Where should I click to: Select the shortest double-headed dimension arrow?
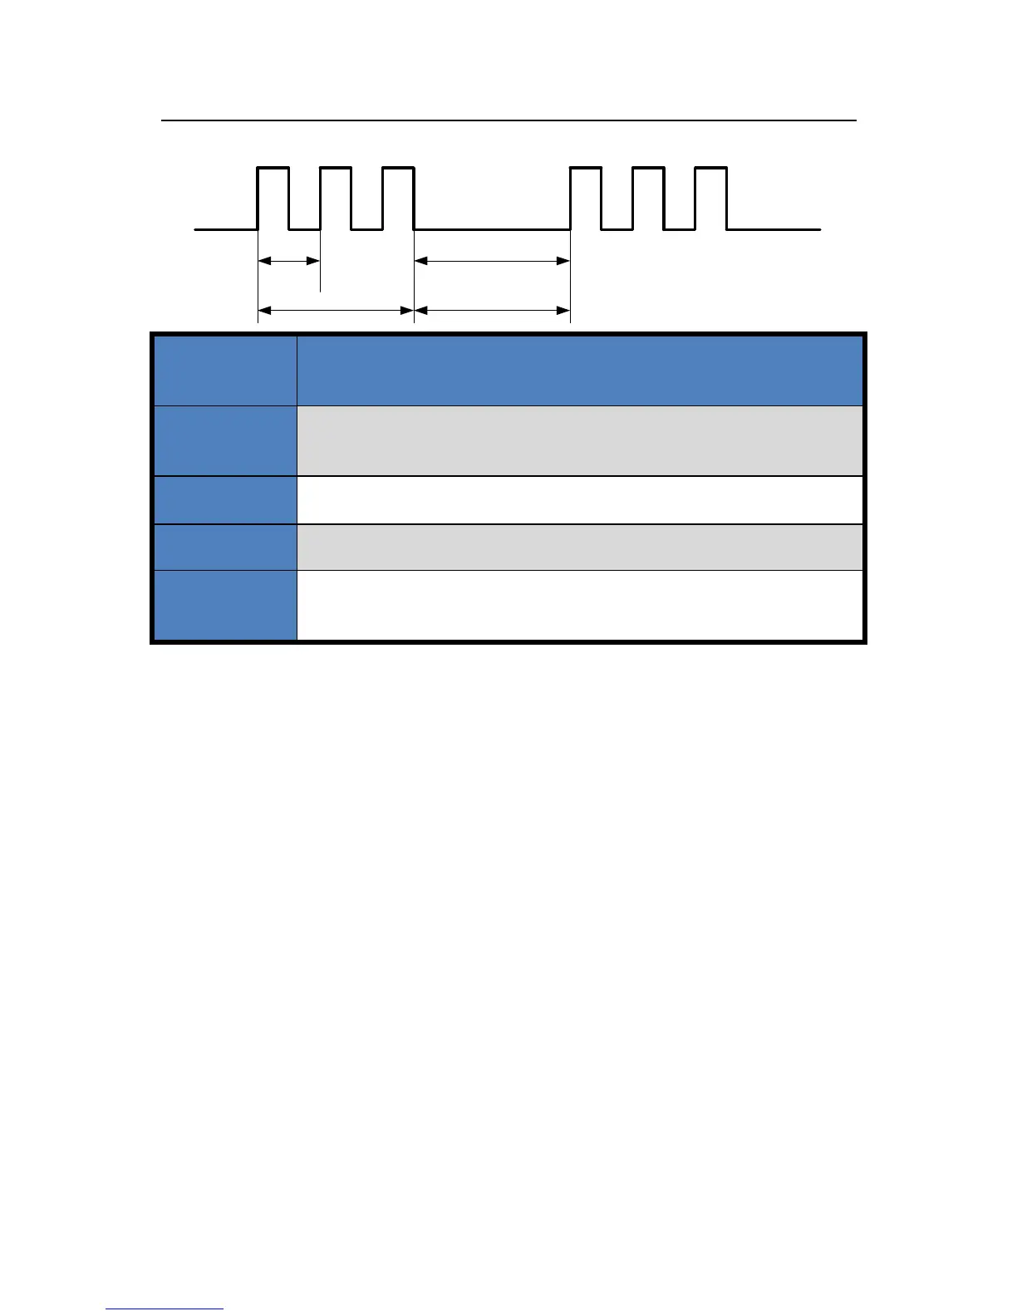(x=289, y=261)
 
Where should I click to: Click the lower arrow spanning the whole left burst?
(x=336, y=311)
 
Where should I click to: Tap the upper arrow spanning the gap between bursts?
(x=492, y=261)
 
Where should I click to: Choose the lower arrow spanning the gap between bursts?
(x=492, y=311)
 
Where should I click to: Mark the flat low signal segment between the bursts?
(x=492, y=228)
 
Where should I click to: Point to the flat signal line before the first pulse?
(x=225, y=228)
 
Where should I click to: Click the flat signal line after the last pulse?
(x=774, y=228)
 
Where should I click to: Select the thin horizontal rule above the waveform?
(x=508, y=120)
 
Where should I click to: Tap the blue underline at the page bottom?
(x=165, y=1309)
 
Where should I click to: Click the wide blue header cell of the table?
(x=579, y=371)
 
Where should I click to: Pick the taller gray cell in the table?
(x=579, y=440)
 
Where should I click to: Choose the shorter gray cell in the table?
(x=579, y=547)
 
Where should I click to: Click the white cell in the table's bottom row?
(x=579, y=605)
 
